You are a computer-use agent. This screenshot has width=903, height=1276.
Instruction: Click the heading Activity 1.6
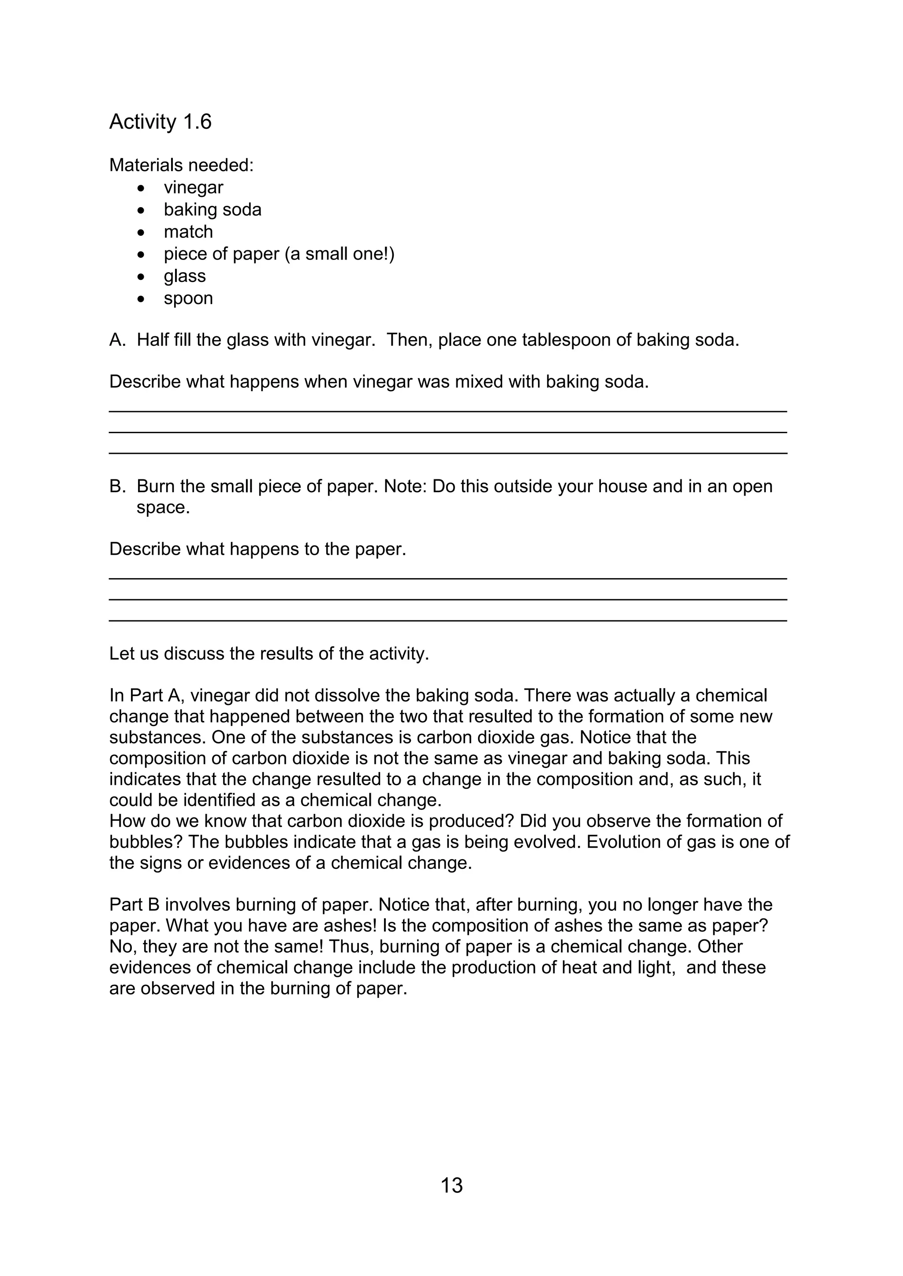pyautogui.click(x=160, y=122)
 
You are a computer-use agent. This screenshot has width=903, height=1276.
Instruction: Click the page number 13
pyautogui.click(x=451, y=1185)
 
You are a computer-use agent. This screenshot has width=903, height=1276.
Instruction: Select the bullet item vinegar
pyautogui.click(x=193, y=187)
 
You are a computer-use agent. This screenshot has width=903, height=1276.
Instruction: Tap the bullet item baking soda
pyautogui.click(x=213, y=210)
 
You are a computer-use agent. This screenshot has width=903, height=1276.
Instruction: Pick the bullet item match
pyautogui.click(x=188, y=232)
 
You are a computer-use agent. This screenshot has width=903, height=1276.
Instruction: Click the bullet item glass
pyautogui.click(x=185, y=276)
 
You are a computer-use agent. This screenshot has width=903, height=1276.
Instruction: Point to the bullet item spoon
pyautogui.click(x=188, y=298)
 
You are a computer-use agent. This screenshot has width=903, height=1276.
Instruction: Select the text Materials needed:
pyautogui.click(x=181, y=165)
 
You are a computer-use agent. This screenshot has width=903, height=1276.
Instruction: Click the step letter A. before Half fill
pyautogui.click(x=117, y=340)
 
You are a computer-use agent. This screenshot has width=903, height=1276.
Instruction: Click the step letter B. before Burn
pyautogui.click(x=117, y=486)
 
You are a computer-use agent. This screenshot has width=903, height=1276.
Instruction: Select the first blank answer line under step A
pyautogui.click(x=448, y=411)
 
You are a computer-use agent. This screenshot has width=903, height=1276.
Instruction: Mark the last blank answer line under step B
pyautogui.click(x=448, y=620)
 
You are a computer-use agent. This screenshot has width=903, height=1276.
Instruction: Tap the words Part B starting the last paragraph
pyautogui.click(x=134, y=904)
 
